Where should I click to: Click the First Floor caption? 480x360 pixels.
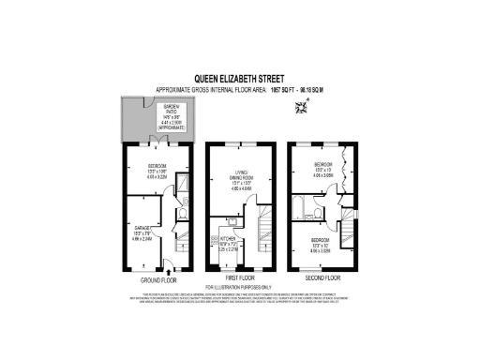pos(240,279)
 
